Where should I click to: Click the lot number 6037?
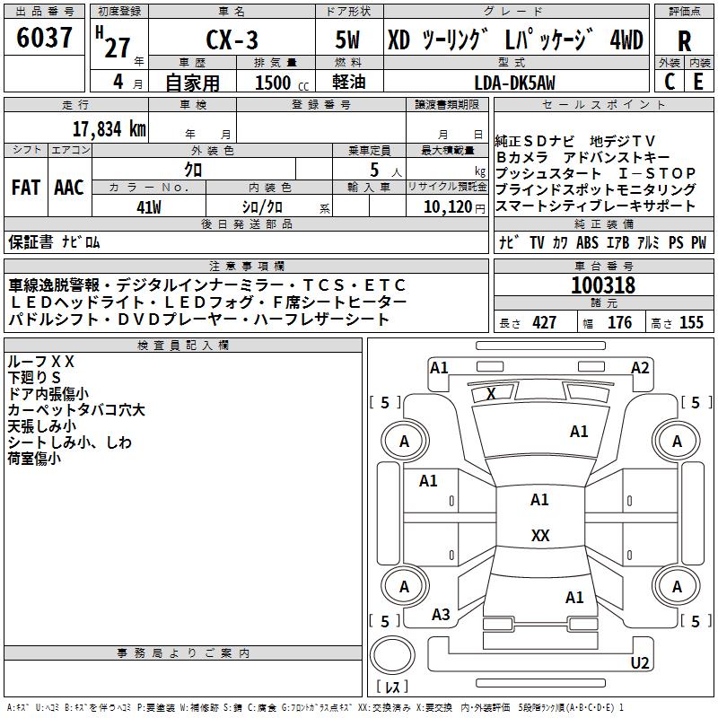click(44, 38)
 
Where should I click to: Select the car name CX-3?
click(232, 39)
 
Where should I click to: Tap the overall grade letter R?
click(684, 41)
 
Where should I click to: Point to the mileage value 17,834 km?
click(109, 129)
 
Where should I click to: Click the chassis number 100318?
click(603, 285)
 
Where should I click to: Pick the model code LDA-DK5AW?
click(514, 83)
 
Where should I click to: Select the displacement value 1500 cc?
click(282, 83)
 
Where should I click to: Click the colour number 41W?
click(149, 207)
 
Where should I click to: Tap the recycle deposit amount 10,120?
click(447, 207)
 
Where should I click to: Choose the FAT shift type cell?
click(26, 188)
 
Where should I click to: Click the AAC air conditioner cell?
click(69, 188)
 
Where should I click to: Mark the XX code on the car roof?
click(540, 535)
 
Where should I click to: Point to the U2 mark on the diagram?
click(640, 662)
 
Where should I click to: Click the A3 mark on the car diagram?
click(441, 615)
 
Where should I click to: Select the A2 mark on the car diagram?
click(640, 368)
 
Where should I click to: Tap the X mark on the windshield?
click(491, 394)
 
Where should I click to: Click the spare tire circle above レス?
click(392, 655)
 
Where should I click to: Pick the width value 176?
click(619, 323)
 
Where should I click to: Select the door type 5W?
click(347, 39)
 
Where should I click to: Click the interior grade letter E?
click(698, 82)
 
